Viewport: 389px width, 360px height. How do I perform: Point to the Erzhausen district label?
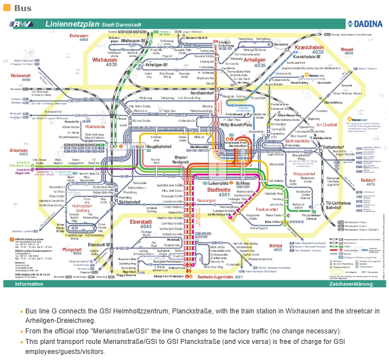[x=79, y=36]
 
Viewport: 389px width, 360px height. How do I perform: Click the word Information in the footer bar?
[x=29, y=283]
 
